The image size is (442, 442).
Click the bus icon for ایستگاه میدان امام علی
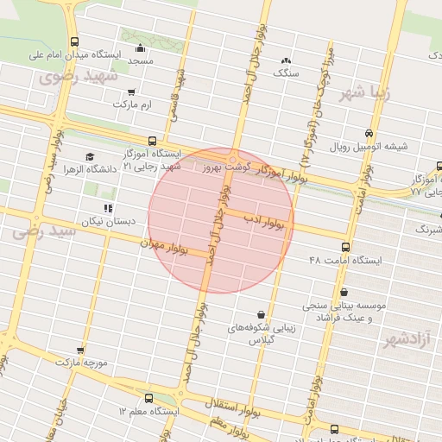tap(75, 41)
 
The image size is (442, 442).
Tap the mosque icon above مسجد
tap(141, 48)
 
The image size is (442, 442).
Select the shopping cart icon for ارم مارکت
tap(130, 92)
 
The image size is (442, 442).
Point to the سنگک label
tap(285, 74)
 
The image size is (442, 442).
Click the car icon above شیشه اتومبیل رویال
tap(369, 134)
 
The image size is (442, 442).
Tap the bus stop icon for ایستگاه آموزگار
tap(153, 140)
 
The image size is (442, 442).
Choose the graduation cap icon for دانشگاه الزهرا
tap(91, 156)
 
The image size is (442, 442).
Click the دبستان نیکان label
tap(109, 222)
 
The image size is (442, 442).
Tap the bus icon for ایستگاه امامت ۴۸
tap(345, 247)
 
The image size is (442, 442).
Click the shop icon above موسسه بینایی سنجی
tap(344, 293)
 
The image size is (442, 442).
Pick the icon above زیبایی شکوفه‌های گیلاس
tap(262, 314)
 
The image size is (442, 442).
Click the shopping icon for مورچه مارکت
tap(80, 350)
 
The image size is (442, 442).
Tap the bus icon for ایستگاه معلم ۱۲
tap(150, 399)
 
